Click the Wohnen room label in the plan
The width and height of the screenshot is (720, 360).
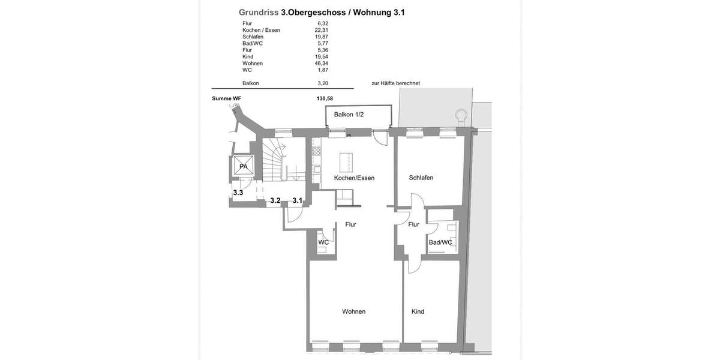(x=353, y=311)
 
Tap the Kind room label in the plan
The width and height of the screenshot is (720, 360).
(x=418, y=311)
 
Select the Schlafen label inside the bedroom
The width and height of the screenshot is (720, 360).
(x=421, y=178)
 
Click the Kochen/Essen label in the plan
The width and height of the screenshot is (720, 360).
(x=354, y=178)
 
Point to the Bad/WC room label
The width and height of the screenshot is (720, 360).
(x=440, y=242)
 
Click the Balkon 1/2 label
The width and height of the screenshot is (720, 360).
(x=349, y=114)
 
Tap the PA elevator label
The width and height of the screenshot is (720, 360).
(x=243, y=167)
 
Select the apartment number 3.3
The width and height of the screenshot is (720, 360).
(x=238, y=193)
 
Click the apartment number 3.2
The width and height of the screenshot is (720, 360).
(x=275, y=200)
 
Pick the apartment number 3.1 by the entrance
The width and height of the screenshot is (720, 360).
(x=298, y=200)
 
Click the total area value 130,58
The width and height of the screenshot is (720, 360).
(x=325, y=98)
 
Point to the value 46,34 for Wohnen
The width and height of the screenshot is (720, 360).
(x=322, y=63)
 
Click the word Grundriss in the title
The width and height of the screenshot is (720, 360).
(x=258, y=12)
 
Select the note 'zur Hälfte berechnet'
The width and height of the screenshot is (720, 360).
(x=395, y=83)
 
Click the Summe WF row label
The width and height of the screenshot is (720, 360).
(x=226, y=98)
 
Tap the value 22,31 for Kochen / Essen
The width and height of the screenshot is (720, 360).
(x=322, y=30)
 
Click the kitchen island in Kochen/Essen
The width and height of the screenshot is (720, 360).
(x=346, y=162)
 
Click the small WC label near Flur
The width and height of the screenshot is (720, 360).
(x=323, y=242)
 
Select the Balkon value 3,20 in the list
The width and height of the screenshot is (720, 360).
(x=323, y=83)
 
